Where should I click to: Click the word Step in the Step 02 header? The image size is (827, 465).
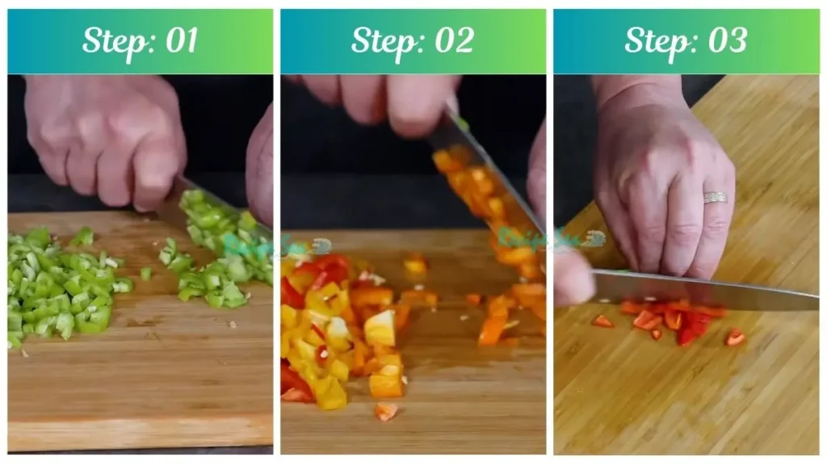point(385,40)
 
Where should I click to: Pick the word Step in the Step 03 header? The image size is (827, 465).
point(658,40)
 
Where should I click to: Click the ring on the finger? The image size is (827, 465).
point(715,197)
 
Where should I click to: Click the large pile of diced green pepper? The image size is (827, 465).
point(61,287)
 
